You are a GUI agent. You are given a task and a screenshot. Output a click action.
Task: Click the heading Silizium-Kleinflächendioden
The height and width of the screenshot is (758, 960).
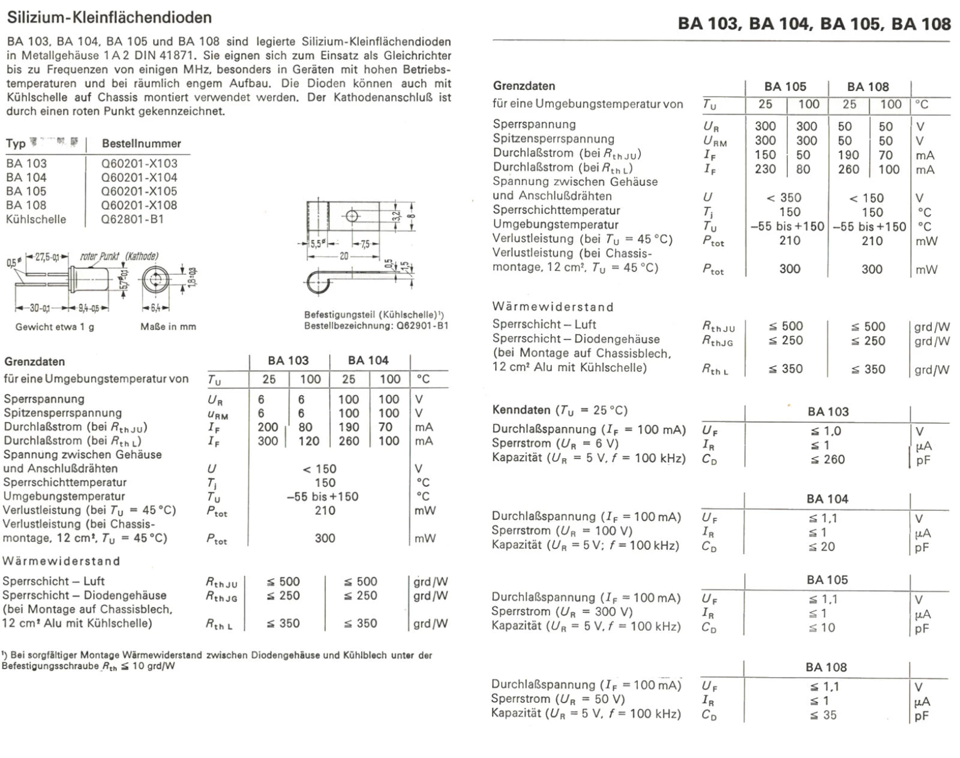coord(109,17)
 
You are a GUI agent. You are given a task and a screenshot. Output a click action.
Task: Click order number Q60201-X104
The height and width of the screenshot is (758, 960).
coord(139,178)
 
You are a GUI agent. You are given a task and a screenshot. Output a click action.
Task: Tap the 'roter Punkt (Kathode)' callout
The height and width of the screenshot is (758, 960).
coord(119,257)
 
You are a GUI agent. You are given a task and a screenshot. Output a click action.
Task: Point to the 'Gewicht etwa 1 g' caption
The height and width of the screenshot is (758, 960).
coord(55,327)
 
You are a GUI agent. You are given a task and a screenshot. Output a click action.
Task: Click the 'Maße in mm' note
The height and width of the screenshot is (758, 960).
coord(168,327)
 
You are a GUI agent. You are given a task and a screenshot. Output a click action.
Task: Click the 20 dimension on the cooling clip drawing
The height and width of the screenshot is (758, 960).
coord(344,255)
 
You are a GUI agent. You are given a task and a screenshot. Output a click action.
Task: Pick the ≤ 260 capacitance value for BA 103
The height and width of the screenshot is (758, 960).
coord(827,460)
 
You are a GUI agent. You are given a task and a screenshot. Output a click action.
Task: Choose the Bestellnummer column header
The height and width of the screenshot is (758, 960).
coord(141,144)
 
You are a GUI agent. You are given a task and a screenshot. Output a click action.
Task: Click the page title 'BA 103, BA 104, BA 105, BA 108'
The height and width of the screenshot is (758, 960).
coord(814,24)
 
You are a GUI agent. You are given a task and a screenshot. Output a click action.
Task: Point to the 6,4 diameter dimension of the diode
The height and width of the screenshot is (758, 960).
coord(155,308)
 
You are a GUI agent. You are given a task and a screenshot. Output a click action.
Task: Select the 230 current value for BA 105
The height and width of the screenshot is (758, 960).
coord(765,170)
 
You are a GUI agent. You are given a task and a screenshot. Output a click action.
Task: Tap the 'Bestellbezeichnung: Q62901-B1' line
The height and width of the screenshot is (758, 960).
coord(376,326)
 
